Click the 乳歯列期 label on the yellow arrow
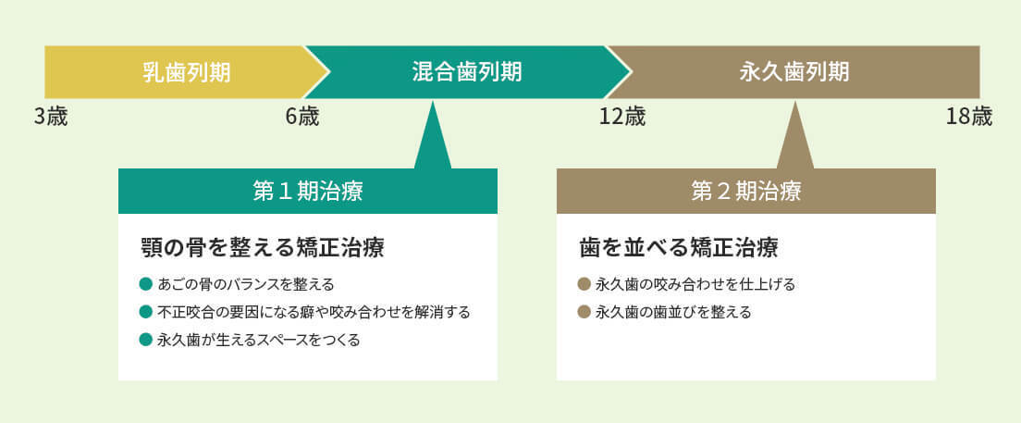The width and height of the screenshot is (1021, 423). point(186,72)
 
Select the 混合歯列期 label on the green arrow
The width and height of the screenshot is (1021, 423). point(467,72)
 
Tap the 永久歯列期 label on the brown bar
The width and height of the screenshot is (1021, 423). point(793,72)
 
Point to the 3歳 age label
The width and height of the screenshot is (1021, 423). point(51,118)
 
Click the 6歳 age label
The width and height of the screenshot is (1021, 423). point(302,118)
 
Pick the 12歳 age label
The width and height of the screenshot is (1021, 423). point(621,118)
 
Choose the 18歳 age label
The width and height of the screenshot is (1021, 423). point(969,118)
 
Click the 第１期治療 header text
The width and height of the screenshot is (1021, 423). point(307,192)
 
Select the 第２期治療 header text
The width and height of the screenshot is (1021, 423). point(745,192)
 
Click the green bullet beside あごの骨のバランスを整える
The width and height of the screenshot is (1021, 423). point(146,284)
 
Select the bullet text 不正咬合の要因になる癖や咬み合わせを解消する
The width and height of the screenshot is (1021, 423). point(314,312)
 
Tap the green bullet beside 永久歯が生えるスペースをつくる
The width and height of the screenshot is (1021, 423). point(146,340)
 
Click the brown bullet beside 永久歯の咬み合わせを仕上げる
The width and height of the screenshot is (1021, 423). point(584,284)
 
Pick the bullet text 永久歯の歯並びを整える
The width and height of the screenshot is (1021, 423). point(673,312)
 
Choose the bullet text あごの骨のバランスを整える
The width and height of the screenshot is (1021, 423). point(245,284)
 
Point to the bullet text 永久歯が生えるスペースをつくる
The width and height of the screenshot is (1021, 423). point(259,340)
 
